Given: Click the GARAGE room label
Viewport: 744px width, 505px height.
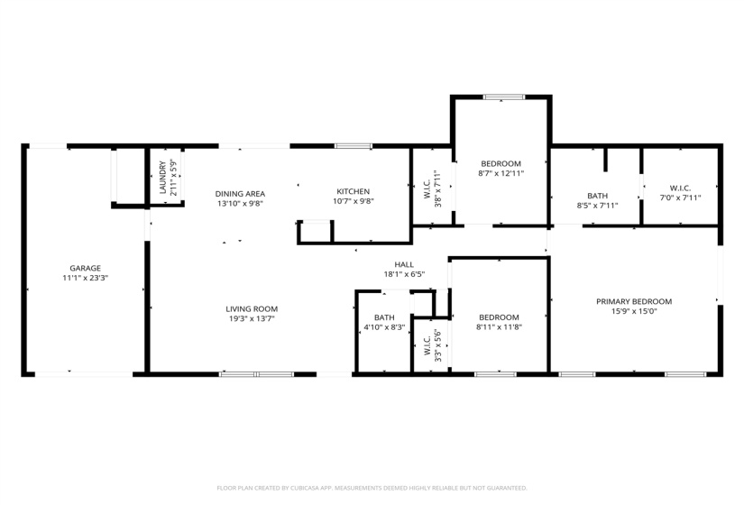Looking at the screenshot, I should tap(85, 268).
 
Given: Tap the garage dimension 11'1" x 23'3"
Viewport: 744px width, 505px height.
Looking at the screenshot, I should tap(85, 280).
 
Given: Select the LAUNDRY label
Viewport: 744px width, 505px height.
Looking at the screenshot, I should tap(163, 178).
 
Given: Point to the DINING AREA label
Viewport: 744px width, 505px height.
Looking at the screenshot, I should tap(239, 193).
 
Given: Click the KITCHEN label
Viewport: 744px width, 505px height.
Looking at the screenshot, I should tap(354, 191).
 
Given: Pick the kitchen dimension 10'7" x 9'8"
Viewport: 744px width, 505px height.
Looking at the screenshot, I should tap(354, 202).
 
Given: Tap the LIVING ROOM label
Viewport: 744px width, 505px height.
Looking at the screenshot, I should tap(251, 309).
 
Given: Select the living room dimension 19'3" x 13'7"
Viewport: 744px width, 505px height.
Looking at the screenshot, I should tap(251, 319).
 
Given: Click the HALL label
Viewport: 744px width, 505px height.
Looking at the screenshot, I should tap(404, 264).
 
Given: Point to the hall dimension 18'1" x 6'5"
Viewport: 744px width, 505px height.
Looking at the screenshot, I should tap(404, 275).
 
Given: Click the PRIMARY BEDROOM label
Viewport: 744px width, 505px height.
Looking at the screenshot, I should tap(633, 301).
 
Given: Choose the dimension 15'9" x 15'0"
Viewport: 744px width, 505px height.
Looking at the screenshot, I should tap(633, 312).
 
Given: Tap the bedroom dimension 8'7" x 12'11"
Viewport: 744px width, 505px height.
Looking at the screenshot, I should tap(501, 173).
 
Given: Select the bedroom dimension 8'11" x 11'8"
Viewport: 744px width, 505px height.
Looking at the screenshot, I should tap(499, 327).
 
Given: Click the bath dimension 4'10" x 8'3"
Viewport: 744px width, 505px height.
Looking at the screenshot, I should tap(384, 327).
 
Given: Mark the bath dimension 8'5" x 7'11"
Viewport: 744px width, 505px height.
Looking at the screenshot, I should tap(597, 206).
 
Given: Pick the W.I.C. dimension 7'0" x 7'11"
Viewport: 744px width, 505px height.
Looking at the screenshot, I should tap(680, 197).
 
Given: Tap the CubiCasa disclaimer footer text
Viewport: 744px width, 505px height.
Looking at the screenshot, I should tap(372, 488).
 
